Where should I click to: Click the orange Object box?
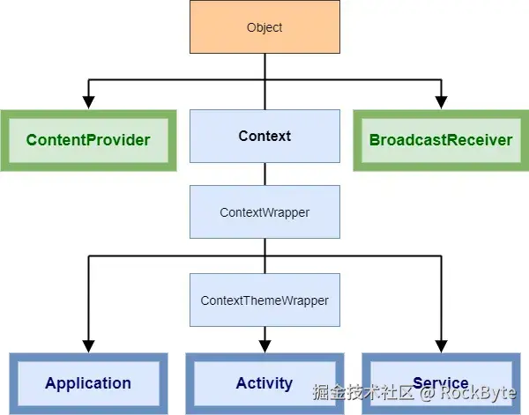[x=264, y=27]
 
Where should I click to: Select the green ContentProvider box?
[x=88, y=140]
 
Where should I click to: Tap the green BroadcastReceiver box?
[x=441, y=140]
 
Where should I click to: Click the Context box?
[x=264, y=136]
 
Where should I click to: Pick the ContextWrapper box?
[x=264, y=212]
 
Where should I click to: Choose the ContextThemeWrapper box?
[x=264, y=300]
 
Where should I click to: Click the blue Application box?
[x=88, y=383]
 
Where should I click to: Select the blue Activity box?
[x=264, y=383]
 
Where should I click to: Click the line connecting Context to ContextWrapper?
[x=264, y=174]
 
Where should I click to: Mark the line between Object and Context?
[x=264, y=95]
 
